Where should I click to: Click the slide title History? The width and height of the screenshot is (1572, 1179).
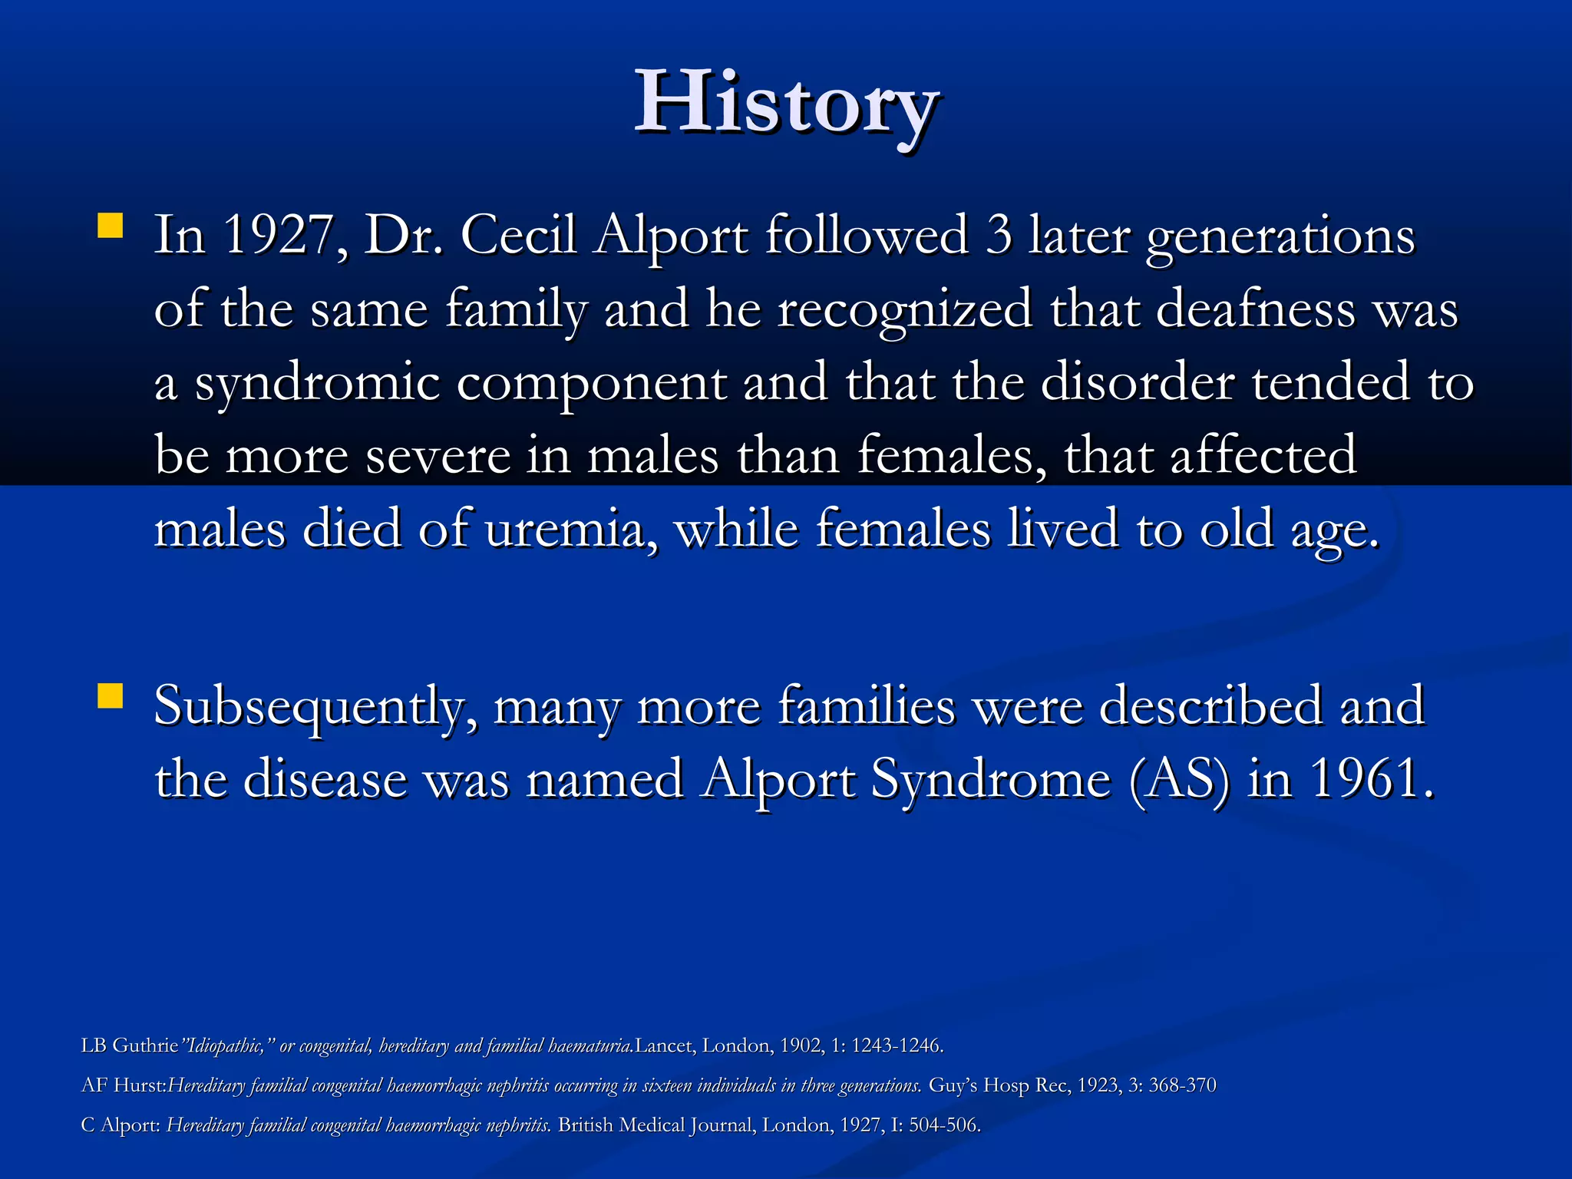[786, 104]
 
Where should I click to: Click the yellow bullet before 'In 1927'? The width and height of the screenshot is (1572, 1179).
[111, 226]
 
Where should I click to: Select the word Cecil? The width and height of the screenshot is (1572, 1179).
[518, 235]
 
